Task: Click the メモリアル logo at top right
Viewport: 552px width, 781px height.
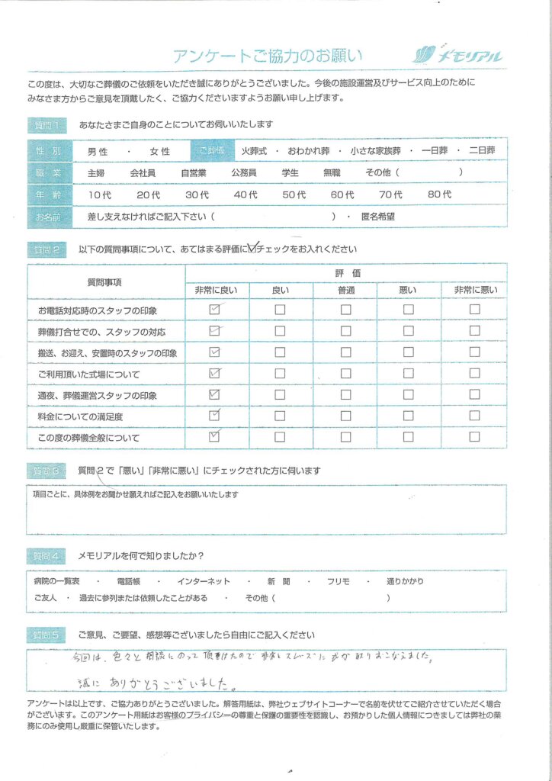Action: coord(458,54)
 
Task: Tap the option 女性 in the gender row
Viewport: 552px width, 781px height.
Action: coord(160,152)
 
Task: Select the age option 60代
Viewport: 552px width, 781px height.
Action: coord(342,195)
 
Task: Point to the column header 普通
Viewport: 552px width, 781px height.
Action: coord(346,290)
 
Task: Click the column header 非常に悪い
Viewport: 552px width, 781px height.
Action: coord(475,290)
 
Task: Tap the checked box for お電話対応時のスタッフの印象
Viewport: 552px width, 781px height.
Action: coord(214,310)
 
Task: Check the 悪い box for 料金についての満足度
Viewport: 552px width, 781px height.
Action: coord(409,416)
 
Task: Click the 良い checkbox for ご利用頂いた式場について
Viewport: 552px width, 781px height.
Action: coord(280,374)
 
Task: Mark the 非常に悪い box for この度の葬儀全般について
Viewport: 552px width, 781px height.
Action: coord(475,437)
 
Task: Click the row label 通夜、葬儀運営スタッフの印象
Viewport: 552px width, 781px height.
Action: coord(97,395)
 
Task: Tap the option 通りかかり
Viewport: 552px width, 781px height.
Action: coord(404,581)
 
